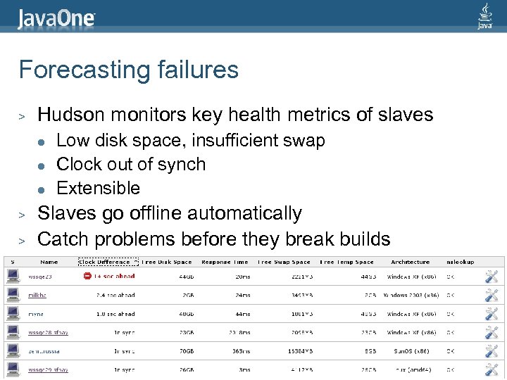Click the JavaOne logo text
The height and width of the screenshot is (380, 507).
tap(56, 18)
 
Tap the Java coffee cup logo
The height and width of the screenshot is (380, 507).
tap(484, 15)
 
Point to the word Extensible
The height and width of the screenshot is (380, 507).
tap(98, 188)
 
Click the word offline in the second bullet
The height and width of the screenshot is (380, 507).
tap(168, 213)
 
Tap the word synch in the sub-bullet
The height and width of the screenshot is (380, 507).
tap(182, 165)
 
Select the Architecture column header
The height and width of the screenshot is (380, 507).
tap(410, 262)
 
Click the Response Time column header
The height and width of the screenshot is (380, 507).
tap(225, 262)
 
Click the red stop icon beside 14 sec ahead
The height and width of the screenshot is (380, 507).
tap(87, 277)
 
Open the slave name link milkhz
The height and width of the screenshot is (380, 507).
tap(37, 296)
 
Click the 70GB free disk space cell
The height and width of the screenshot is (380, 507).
tap(186, 350)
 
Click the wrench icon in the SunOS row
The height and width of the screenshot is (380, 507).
tap(492, 350)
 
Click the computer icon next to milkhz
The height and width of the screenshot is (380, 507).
tap(12, 296)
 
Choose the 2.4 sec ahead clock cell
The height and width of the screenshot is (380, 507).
tap(115, 296)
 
